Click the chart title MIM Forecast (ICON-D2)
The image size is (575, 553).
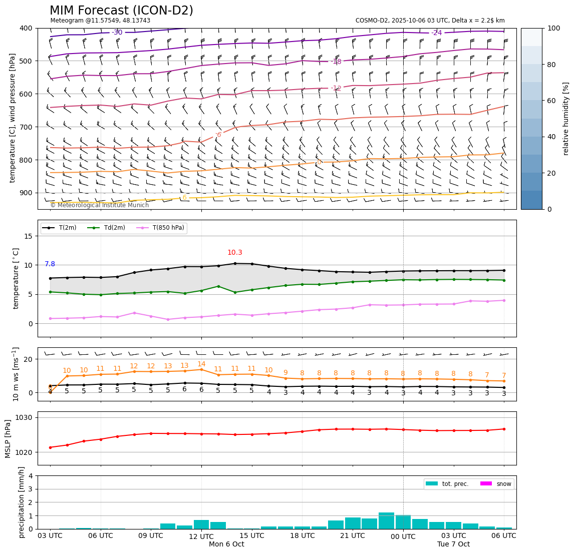tap(121, 11)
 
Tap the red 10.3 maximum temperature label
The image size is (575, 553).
tap(235, 253)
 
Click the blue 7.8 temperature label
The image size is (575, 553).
tap(50, 264)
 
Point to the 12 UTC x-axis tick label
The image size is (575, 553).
tap(201, 535)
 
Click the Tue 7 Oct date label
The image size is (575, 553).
tap(453, 544)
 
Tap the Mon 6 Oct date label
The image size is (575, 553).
tap(226, 544)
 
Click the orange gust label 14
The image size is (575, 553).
tap(201, 364)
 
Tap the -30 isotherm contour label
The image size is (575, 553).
tap(117, 33)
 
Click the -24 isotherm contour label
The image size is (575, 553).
tap(437, 33)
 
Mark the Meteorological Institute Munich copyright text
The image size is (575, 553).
tap(99, 205)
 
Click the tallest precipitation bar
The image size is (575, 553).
tap(386, 520)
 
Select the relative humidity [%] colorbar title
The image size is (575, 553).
tap(566, 119)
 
